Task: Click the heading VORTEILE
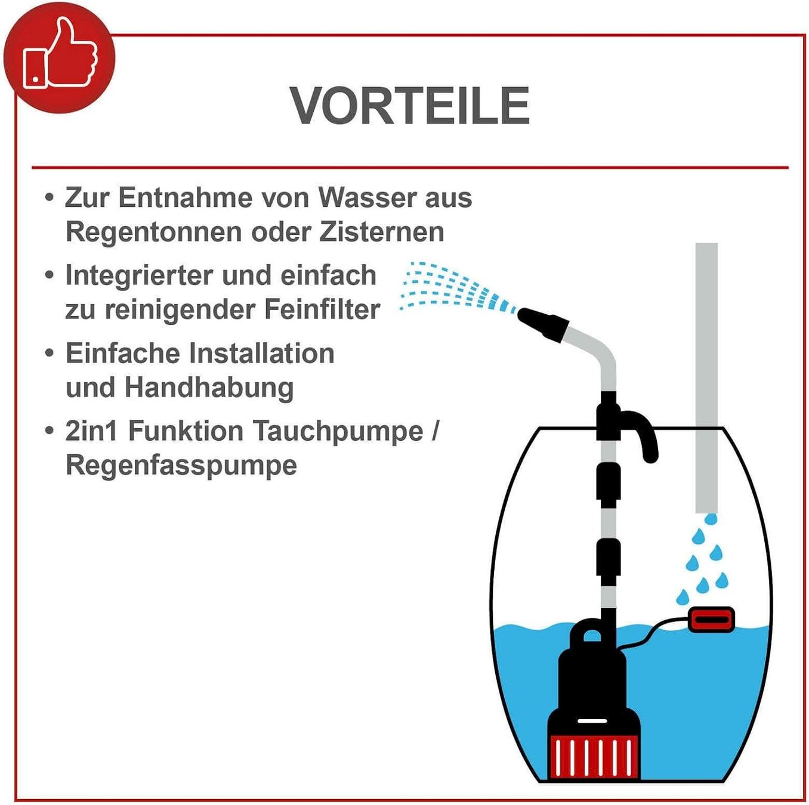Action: coord(410,106)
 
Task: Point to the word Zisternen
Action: coord(381,232)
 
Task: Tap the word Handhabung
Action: coord(209,388)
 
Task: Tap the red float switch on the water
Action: coord(712,621)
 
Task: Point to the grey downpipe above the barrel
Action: coord(706,377)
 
